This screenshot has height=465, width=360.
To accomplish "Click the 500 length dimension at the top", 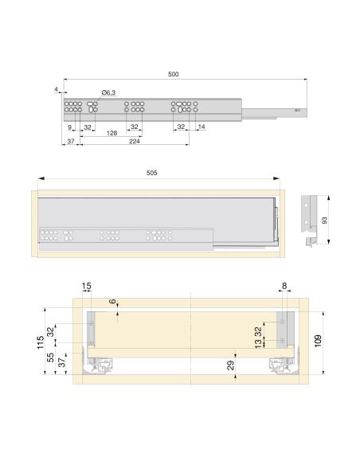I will tap(173, 74).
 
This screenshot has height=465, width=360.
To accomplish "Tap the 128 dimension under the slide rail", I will tap(113, 133).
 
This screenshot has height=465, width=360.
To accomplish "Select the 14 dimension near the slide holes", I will tap(201, 127).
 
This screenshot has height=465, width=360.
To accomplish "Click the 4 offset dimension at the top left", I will tap(57, 89).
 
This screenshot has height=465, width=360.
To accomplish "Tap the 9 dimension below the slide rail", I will tap(70, 127).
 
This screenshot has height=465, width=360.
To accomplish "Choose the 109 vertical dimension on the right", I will tap(319, 339).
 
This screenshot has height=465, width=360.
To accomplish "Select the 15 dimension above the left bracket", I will tap(86, 286).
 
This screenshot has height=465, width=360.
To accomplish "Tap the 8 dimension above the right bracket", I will tap(284, 286).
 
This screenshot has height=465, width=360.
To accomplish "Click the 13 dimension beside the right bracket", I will tap(258, 344).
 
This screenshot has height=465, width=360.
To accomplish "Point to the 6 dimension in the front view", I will tap(113, 303).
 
